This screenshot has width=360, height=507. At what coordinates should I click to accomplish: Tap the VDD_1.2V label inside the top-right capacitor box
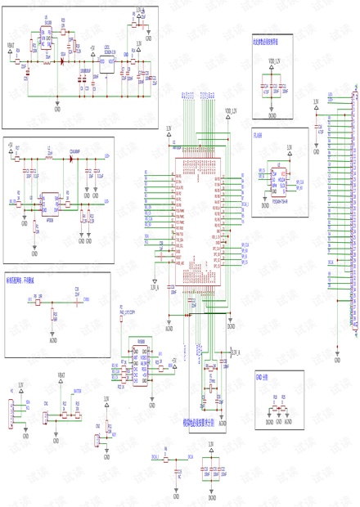[x=271, y=61]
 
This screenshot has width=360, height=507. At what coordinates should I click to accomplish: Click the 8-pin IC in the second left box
[x=50, y=200]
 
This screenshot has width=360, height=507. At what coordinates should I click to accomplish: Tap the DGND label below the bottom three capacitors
[x=211, y=496]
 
